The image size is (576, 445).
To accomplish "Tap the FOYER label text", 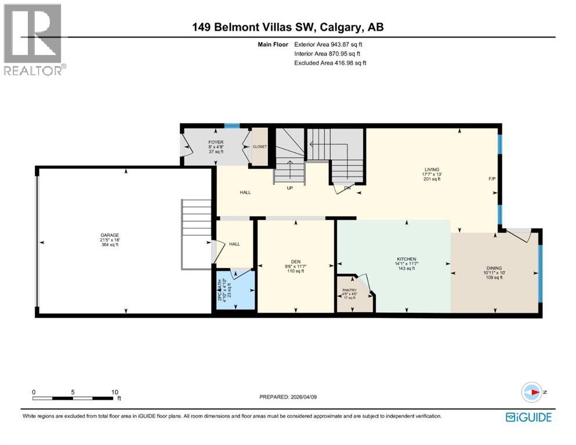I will coord(216,142).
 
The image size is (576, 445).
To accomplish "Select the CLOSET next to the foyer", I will coord(260,147).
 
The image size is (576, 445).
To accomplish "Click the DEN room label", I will coord(295,261).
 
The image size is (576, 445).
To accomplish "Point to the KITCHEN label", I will coord(407,259).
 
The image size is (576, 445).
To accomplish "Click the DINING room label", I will coord(494,268).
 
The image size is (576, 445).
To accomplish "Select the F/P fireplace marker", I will coord(492,179).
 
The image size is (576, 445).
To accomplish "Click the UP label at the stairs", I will coord(289,188).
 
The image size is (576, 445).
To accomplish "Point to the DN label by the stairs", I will coord(347,188).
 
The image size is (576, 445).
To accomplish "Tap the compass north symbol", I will coord(531,392).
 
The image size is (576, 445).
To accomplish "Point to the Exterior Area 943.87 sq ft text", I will coord(329,44).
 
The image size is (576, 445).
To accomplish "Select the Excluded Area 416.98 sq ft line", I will coord(330,63).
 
